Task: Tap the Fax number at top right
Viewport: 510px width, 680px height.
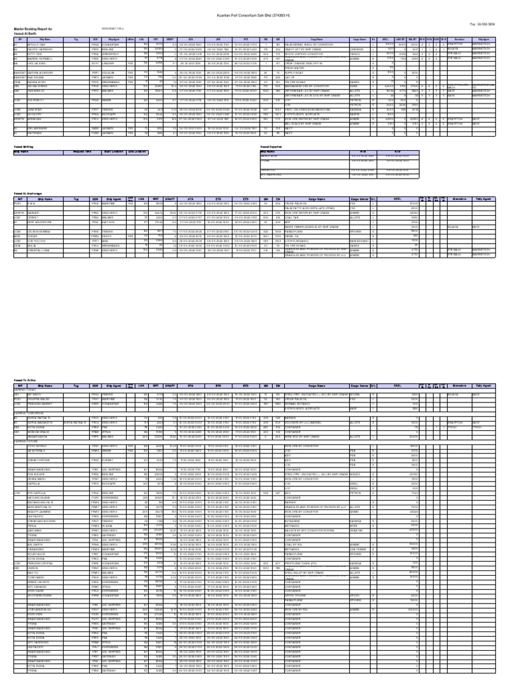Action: (x=481, y=25)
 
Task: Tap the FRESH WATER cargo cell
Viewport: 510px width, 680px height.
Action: (x=301, y=69)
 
